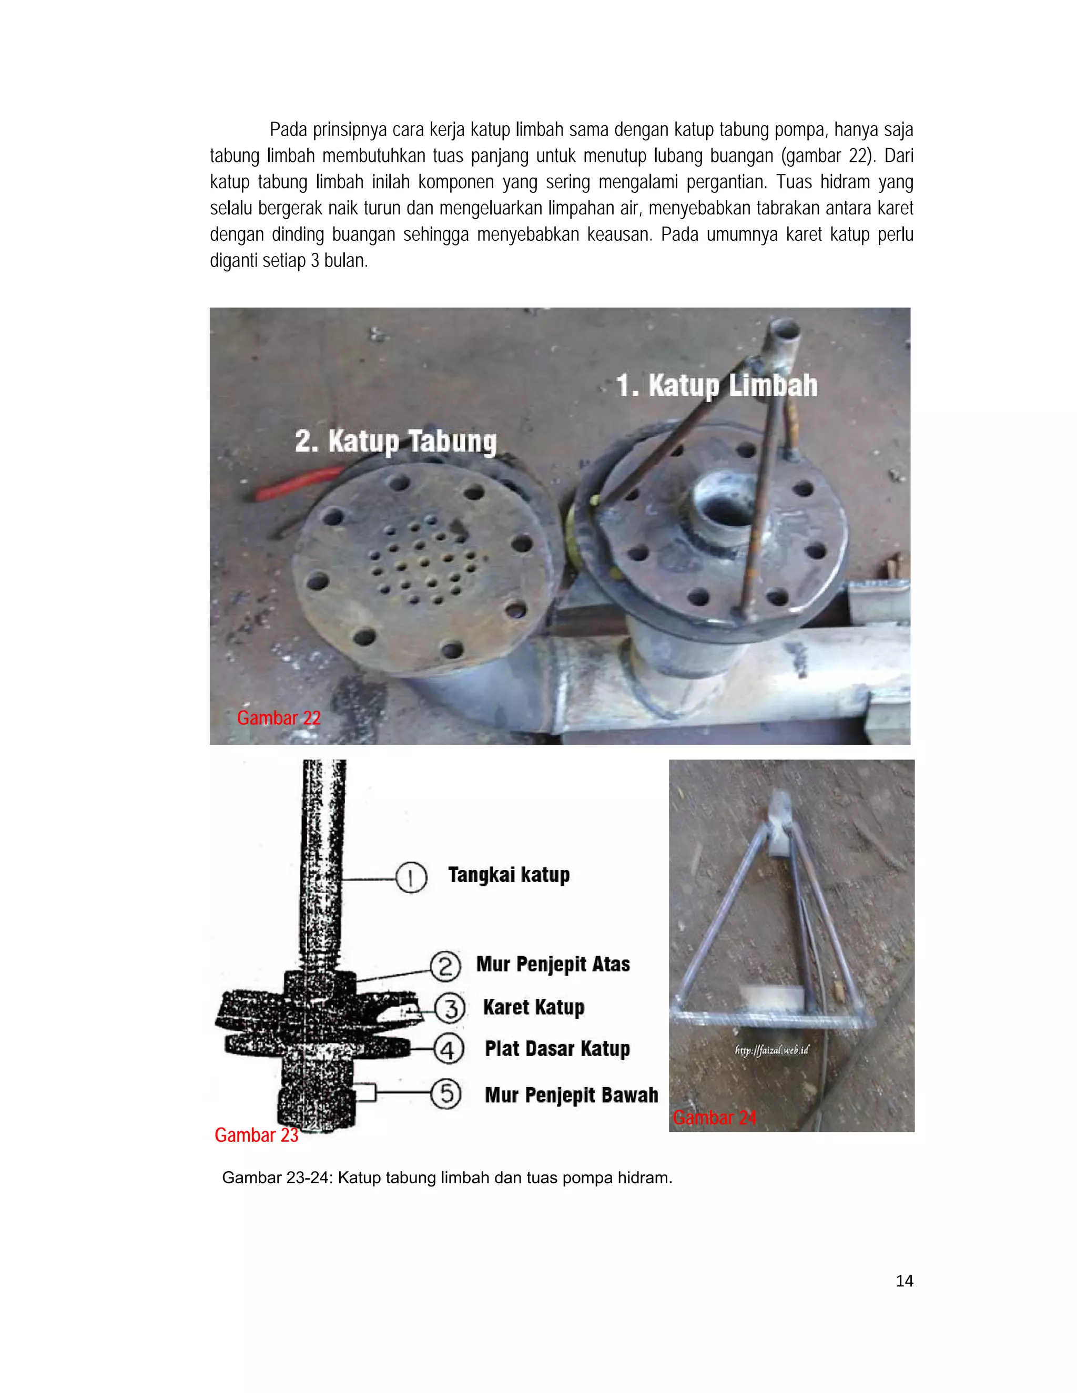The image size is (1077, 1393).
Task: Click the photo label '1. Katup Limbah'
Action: [x=716, y=386]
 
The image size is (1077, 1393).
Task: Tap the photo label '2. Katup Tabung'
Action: [x=395, y=442]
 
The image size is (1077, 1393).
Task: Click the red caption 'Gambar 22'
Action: [x=279, y=718]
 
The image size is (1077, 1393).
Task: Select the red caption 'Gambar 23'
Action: [x=257, y=1135]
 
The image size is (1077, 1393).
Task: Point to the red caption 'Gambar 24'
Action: [x=715, y=1118]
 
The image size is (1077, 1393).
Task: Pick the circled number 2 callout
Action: [x=445, y=966]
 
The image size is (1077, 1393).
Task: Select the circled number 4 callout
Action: [x=449, y=1049]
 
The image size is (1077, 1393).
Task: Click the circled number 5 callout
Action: [x=446, y=1094]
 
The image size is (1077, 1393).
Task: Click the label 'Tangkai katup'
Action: [x=509, y=875]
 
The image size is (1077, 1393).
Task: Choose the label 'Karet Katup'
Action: [x=534, y=1008]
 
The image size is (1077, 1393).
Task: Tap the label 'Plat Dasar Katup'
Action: [x=557, y=1049]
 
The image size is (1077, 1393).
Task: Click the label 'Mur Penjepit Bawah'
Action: [x=572, y=1095]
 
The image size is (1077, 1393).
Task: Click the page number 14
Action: [x=904, y=1281]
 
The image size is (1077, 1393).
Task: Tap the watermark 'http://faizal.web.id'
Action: [x=771, y=1050]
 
